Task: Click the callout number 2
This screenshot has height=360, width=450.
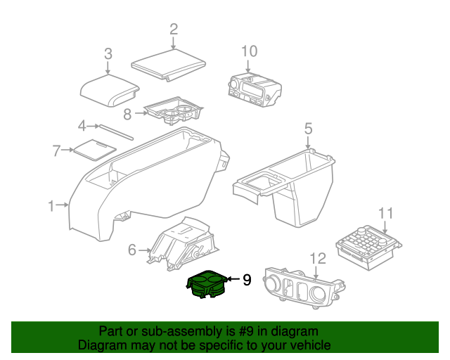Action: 174,30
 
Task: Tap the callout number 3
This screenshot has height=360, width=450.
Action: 108,53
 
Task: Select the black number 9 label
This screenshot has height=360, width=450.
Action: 247,280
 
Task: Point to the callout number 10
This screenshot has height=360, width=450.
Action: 249,51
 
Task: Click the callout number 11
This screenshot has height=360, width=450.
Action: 385,213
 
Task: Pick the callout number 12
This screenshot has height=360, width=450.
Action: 318,258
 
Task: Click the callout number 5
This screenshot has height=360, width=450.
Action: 308,129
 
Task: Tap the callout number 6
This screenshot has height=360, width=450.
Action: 131,250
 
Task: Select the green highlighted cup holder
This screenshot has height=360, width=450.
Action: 207,284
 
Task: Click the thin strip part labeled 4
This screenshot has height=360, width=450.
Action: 116,132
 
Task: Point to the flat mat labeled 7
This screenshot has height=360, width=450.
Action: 95,150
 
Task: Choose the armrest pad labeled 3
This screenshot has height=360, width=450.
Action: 110,91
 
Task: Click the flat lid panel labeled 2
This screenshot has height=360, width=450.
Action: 169,65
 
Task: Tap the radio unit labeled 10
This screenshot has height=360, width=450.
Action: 255,89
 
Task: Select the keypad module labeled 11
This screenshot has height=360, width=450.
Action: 368,247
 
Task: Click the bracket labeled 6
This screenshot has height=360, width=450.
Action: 183,244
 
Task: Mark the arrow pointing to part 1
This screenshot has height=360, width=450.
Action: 63,205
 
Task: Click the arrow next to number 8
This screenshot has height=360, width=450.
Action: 141,113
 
